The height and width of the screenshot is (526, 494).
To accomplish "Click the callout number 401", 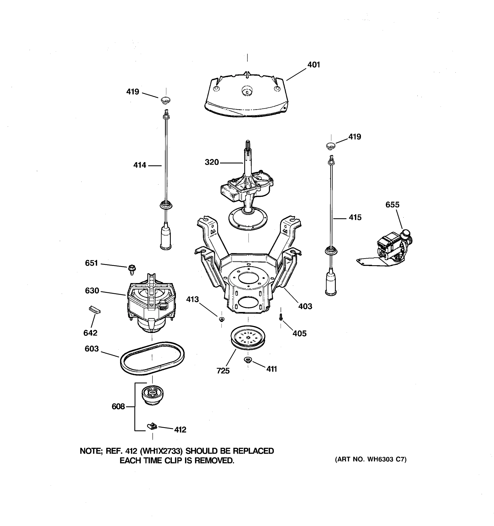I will coord(314,65).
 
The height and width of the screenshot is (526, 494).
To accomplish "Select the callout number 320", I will coord(211,162).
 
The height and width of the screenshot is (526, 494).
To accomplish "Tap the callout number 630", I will coord(92,291).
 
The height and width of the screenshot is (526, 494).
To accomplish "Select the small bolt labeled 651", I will coord(132,269).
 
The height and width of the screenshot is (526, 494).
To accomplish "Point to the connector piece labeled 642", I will coord(94,309).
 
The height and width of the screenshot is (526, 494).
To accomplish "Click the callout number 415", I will coord(355,217).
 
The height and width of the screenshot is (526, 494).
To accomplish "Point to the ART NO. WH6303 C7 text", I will coord(371,459).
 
